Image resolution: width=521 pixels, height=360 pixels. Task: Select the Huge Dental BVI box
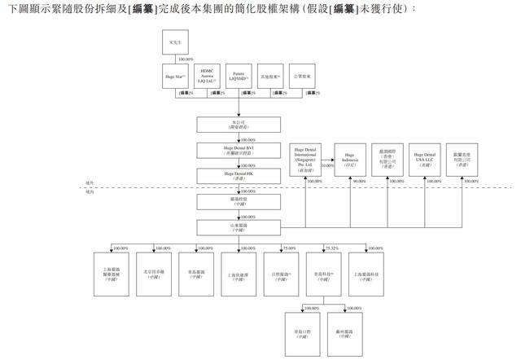click(x=239, y=149)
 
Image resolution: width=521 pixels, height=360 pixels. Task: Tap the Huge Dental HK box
click(x=239, y=174)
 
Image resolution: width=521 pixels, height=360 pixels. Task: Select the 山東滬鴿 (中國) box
click(x=239, y=226)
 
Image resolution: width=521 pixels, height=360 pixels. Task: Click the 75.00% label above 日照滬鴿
click(x=288, y=248)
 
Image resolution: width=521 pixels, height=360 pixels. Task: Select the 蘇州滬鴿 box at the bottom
click(x=345, y=333)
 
